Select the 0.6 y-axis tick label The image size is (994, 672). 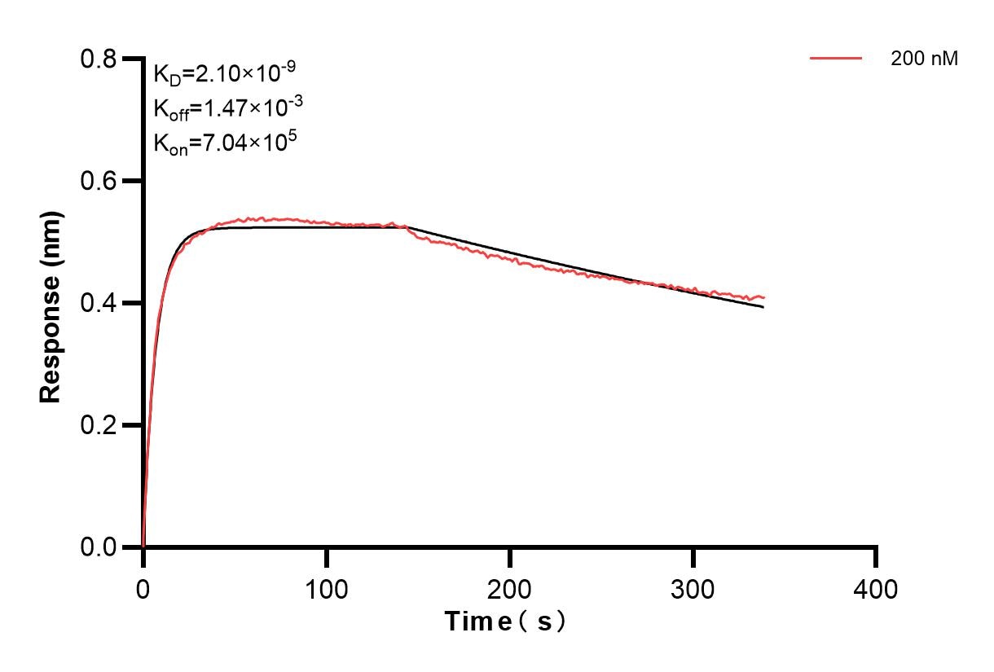[99, 181]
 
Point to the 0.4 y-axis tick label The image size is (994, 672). [99, 303]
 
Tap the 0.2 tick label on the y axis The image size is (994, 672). [99, 425]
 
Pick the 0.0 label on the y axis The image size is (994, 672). [99, 547]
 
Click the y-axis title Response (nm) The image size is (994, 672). [51, 303]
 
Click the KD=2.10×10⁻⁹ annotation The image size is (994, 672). [224, 75]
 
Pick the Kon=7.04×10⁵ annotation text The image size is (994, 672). [225, 143]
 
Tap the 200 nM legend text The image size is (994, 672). [924, 59]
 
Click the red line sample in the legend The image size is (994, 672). [836, 59]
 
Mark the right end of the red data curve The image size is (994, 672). [764, 297]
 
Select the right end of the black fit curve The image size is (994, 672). [763, 307]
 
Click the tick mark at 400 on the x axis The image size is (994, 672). [876, 557]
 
